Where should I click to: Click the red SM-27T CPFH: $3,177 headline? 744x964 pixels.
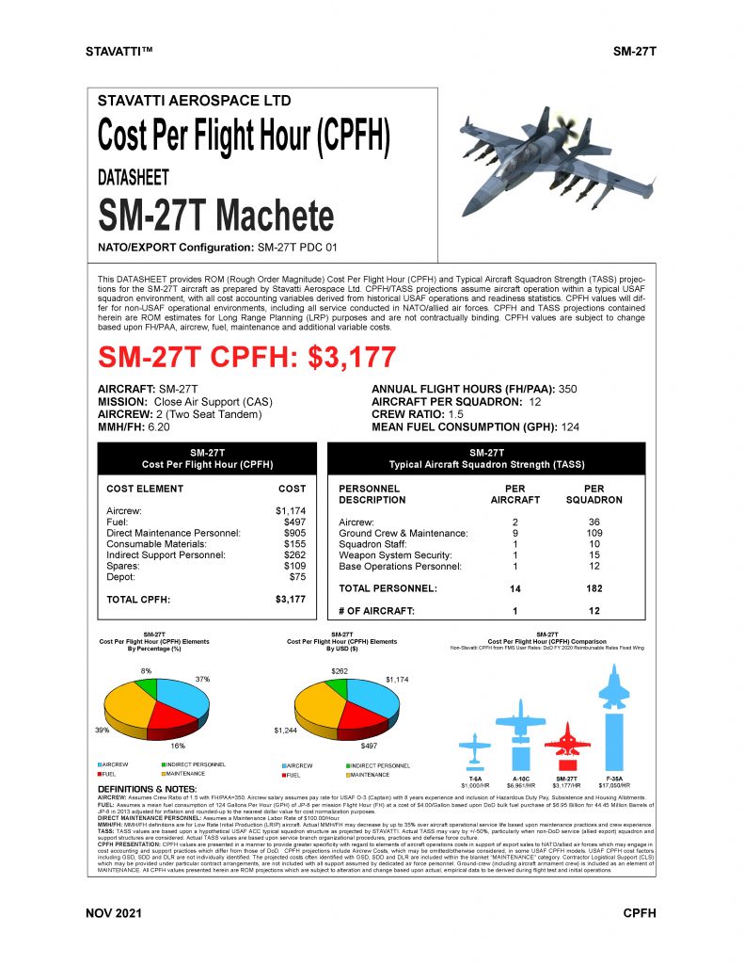point(247,358)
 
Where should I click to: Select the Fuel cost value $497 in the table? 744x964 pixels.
point(294,521)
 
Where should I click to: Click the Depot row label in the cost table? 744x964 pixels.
point(122,576)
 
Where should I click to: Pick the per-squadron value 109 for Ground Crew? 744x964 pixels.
point(594,533)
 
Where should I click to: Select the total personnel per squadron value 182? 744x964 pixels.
point(594,588)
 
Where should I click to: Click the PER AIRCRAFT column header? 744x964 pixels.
point(514,494)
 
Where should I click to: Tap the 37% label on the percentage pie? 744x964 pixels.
point(202,679)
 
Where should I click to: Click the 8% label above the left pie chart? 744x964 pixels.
point(146,669)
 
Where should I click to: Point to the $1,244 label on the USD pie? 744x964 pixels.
point(286,731)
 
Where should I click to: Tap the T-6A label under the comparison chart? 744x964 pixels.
point(476,779)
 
